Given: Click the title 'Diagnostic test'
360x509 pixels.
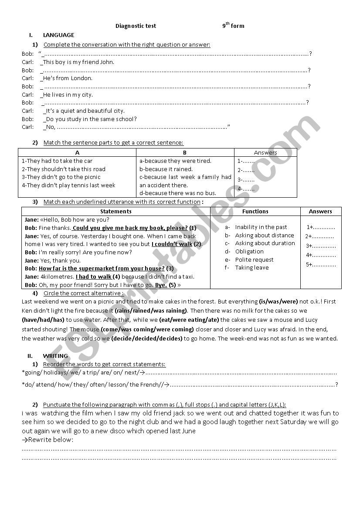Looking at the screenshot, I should tap(136, 26).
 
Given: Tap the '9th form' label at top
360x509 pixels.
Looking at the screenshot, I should tap(233, 26).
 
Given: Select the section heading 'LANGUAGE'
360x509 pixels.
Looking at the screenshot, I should tap(58, 35).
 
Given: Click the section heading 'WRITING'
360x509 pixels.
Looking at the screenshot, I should tap(55, 356).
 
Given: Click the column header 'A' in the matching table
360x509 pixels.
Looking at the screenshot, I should tap(77, 152).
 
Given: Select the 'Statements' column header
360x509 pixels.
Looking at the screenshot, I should tap(116, 212).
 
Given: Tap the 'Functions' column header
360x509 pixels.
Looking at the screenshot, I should tap(255, 212).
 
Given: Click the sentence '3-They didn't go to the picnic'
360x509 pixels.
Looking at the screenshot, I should tap(61, 177).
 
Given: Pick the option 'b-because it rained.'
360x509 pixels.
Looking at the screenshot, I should tap(166, 169).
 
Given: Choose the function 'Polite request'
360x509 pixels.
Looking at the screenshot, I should tap(254, 260).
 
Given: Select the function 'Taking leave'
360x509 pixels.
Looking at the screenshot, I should tap(252, 268).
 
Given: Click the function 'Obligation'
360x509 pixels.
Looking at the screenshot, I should tap(249, 252).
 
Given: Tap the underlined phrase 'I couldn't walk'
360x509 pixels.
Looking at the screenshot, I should tap(172, 244).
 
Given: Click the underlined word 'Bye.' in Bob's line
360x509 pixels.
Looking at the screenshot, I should tap(161, 285).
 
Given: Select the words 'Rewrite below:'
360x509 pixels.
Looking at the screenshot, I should tap(48, 440).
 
